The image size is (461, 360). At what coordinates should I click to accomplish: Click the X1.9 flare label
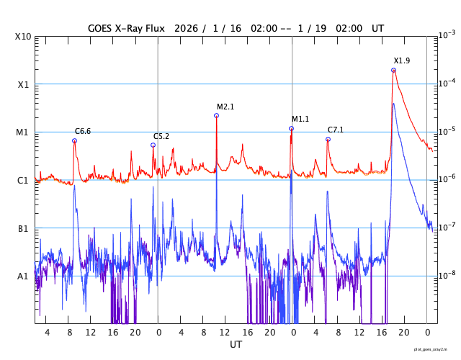coord(401,60)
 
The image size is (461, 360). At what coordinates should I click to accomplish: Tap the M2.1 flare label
coord(225,107)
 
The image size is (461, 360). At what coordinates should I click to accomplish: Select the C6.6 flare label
coord(83,131)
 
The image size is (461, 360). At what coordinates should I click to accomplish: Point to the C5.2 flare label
coord(161,136)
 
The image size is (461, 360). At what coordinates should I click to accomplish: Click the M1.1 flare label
coord(300,119)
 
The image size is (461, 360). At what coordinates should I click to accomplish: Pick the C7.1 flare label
coord(336,130)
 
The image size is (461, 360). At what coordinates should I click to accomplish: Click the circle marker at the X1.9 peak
coord(393,70)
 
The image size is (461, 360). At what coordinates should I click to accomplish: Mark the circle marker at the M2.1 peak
coord(216,115)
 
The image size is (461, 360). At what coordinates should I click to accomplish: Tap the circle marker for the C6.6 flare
coord(74,140)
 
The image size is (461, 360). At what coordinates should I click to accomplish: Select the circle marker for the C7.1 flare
coord(328,139)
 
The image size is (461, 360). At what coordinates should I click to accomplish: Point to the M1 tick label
coord(23,132)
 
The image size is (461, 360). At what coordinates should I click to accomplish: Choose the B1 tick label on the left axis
coord(23,228)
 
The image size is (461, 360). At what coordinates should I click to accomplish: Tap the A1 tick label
coord(23,276)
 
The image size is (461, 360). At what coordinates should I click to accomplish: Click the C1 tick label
coord(23,180)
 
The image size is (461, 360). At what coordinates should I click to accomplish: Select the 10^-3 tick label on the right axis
coord(447,35)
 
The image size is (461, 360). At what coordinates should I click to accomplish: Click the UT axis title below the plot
coord(236,345)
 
